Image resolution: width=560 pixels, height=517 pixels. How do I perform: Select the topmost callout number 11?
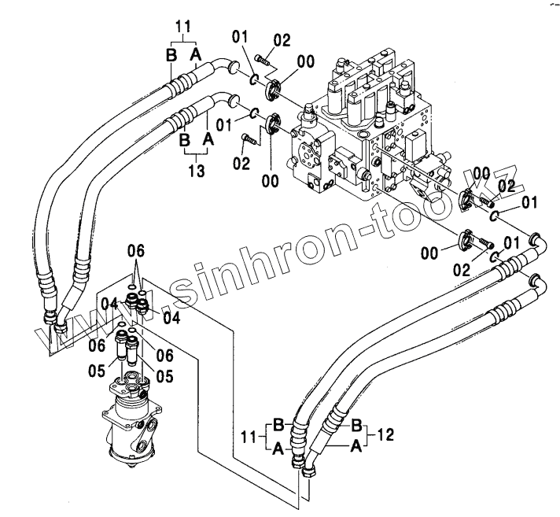pos(183,28)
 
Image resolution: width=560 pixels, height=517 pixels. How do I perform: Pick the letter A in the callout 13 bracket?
pos(208,138)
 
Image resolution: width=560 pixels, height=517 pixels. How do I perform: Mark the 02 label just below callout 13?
pos(241,163)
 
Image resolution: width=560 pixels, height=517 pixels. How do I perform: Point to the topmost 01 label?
pos(240,36)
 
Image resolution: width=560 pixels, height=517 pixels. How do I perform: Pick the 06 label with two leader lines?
pos(137,251)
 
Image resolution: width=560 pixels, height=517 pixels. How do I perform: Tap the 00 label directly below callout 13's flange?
pos(271,181)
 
